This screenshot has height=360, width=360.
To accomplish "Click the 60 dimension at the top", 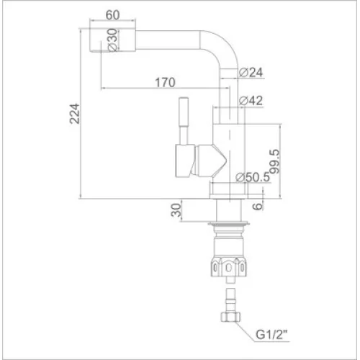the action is pyautogui.click(x=112, y=15).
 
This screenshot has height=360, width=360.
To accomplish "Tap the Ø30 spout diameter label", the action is pyautogui.click(x=112, y=40).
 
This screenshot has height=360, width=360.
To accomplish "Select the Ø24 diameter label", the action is pyautogui.click(x=251, y=72).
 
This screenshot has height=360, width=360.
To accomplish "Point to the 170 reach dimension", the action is pyautogui.click(x=165, y=83).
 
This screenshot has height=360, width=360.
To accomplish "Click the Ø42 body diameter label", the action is pyautogui.click(x=251, y=101).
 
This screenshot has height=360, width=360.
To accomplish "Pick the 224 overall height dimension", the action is pyautogui.click(x=75, y=114).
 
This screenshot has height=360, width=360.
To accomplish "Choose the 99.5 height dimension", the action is pyautogui.click(x=275, y=161).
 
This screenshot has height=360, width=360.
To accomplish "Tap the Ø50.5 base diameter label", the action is pyautogui.click(x=253, y=177).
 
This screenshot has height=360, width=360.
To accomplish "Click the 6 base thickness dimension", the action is pyautogui.click(x=258, y=206).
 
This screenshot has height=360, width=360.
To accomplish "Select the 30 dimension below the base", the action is pyautogui.click(x=176, y=210).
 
